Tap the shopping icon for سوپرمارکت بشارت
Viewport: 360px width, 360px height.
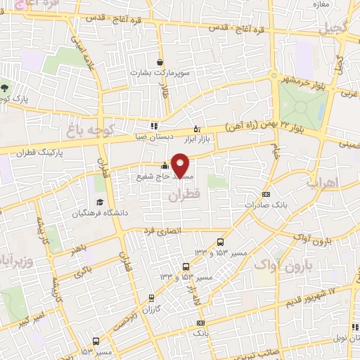point(160,63)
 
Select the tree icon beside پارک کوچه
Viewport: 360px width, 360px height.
point(6,88)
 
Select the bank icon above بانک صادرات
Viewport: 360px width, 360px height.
point(266,195)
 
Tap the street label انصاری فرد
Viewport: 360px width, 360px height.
point(163,230)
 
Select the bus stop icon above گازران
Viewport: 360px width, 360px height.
point(153,297)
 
